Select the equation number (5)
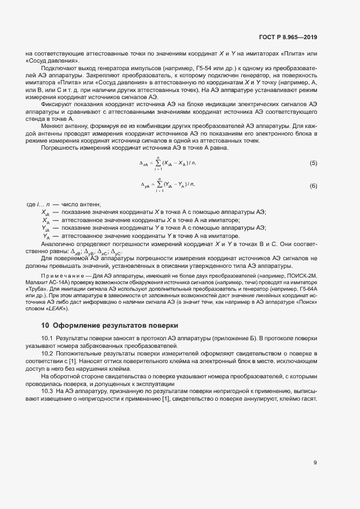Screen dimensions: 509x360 tap(313, 163)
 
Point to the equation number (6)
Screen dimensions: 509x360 tap(313, 186)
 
